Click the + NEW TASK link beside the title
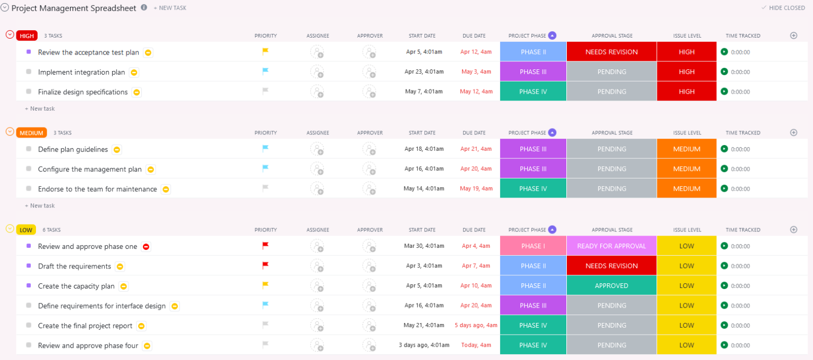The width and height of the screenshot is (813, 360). pyautogui.click(x=170, y=8)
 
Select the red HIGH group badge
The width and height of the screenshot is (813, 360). pyautogui.click(x=26, y=36)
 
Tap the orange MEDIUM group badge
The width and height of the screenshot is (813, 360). pyautogui.click(x=31, y=133)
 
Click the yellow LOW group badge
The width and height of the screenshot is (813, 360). pyautogui.click(x=25, y=230)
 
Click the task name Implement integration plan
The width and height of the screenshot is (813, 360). pyautogui.click(x=82, y=73)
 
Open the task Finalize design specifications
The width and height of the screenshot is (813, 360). pyautogui.click(x=83, y=92)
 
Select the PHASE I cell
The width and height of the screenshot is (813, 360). pyautogui.click(x=533, y=246)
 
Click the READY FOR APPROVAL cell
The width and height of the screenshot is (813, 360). pyautogui.click(x=611, y=246)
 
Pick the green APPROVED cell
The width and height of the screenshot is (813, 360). pyautogui.click(x=611, y=286)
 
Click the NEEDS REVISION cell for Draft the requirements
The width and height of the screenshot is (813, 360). pyautogui.click(x=611, y=266)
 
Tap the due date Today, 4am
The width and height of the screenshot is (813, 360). pyautogui.click(x=476, y=345)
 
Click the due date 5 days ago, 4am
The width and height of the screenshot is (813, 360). pyautogui.click(x=476, y=326)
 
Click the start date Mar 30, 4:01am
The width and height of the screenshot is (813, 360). pyautogui.click(x=424, y=246)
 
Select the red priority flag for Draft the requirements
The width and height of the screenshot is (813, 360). pyautogui.click(x=266, y=265)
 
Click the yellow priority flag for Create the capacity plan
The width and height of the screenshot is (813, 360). pyautogui.click(x=266, y=285)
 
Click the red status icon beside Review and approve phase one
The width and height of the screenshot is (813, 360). pyautogui.click(x=146, y=247)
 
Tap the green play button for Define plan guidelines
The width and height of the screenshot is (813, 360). pyautogui.click(x=724, y=149)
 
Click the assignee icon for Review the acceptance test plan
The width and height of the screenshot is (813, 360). pyautogui.click(x=317, y=52)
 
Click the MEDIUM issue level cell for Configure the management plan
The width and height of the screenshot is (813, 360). pyautogui.click(x=686, y=169)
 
